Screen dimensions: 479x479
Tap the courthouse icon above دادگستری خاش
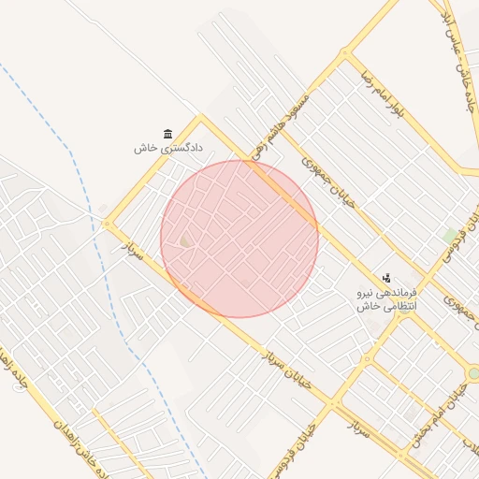[x=168, y=134]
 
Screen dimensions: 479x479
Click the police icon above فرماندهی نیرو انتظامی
[x=386, y=278]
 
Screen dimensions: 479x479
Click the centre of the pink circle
[x=239, y=239]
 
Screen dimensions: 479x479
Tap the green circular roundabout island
[x=473, y=373]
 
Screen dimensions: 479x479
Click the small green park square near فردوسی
[x=452, y=234]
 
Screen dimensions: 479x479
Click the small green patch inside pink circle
[x=185, y=242]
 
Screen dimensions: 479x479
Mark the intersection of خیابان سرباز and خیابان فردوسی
[x=336, y=405]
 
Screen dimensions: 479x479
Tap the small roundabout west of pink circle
[x=107, y=224]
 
